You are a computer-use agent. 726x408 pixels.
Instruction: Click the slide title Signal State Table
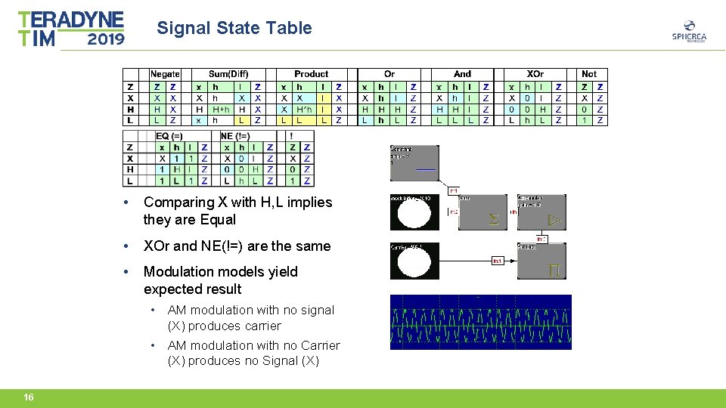coord(234,29)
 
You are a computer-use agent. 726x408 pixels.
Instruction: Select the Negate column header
coord(165,74)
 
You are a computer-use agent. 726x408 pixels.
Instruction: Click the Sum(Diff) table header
coord(228,74)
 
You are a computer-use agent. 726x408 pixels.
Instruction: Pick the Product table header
coord(311,74)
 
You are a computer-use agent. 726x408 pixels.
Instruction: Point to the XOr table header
coord(535,74)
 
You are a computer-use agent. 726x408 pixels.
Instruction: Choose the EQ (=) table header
coord(169,136)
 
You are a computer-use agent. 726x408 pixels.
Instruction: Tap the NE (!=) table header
coord(234,136)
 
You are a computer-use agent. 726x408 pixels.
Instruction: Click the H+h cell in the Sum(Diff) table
coord(220,109)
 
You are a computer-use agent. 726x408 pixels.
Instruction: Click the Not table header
coord(589,74)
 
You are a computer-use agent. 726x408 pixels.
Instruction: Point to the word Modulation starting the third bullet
coord(178,271)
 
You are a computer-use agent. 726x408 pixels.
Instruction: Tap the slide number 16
coord(28,397)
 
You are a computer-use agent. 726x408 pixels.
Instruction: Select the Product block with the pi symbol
coord(541,261)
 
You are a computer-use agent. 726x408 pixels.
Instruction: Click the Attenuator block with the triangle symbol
coord(541,212)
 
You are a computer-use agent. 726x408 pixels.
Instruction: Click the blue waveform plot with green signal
coord(480,322)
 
